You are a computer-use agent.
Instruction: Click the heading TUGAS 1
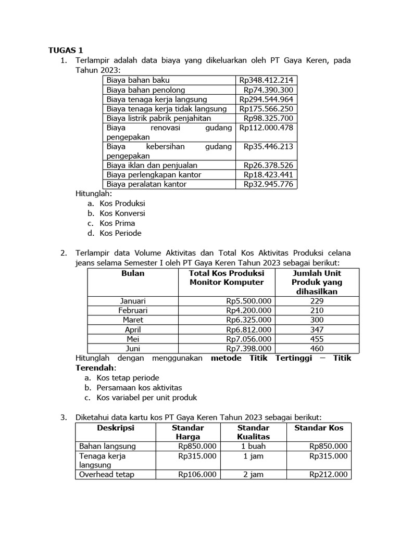coord(66,50)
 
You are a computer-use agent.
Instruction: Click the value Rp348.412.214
coord(266,80)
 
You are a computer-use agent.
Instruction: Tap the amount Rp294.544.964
coord(266,99)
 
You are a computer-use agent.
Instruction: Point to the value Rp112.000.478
coord(266,128)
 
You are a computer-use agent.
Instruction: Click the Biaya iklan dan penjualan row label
coord(152,165)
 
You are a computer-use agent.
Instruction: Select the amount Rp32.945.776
coord(268,184)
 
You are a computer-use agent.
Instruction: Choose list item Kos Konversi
coord(122,213)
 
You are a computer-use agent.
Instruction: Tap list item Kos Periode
coord(120,233)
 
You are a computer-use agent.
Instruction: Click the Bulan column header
coord(133,273)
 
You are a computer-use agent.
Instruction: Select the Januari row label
coord(133,301)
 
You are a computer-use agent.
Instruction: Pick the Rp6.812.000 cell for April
coord(248,329)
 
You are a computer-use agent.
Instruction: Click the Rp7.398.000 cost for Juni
coord(248,348)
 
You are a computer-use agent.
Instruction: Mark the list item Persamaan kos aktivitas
coord(139,388)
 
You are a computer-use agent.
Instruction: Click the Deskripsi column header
coord(116,427)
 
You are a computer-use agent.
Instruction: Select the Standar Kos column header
coord(319,427)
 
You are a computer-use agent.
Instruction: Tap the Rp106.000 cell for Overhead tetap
coord(197,474)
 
